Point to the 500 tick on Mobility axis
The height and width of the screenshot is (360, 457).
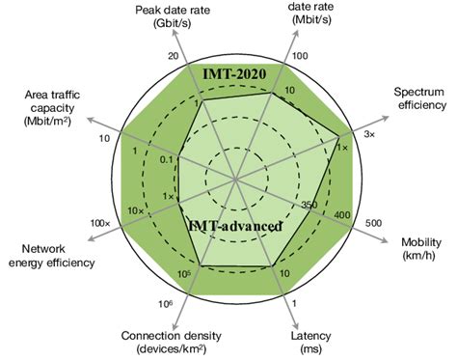pyautogui.click(x=374, y=224)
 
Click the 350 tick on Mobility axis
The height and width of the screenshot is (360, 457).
pyautogui.click(x=309, y=205)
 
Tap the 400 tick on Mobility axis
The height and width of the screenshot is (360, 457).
pyautogui.click(x=339, y=213)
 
